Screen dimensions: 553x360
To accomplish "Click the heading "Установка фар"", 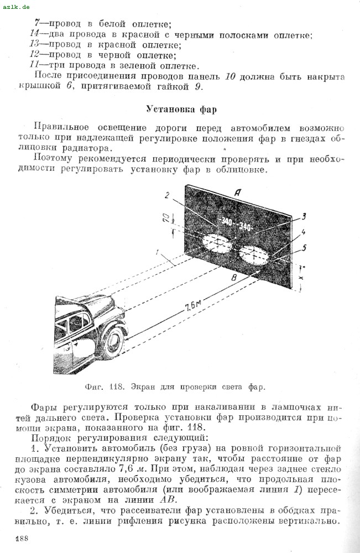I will [x=181, y=108].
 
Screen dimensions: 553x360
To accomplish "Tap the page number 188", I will [x=22, y=539].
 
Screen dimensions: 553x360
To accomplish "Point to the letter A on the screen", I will [x=237, y=193].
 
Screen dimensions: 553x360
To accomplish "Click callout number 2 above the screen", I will [x=166, y=195].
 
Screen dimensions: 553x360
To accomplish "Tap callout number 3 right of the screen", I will [x=304, y=216].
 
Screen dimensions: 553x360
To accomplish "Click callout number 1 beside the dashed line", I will [x=158, y=254].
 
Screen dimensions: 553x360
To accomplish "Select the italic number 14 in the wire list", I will [x=34, y=35].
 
